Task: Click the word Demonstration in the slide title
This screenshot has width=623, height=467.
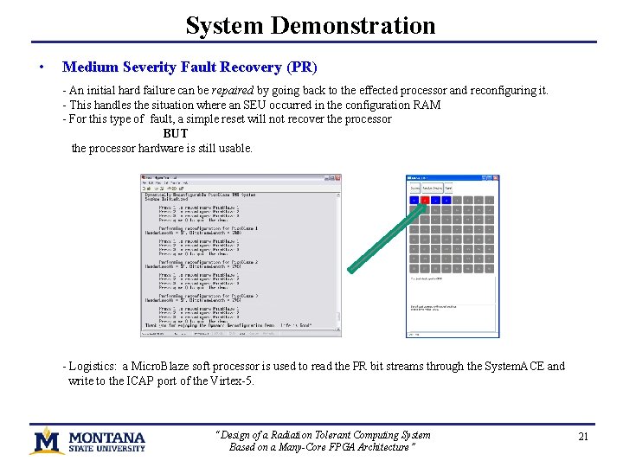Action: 353,26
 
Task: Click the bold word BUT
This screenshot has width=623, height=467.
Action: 176,133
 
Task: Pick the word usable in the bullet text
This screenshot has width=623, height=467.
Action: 235,148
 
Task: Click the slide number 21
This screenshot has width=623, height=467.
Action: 583,437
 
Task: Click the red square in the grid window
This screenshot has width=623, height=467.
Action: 425,200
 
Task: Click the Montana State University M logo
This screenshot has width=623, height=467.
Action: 46,439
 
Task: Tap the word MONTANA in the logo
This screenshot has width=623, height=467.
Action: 107,437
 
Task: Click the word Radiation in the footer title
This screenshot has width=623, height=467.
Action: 299,435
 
